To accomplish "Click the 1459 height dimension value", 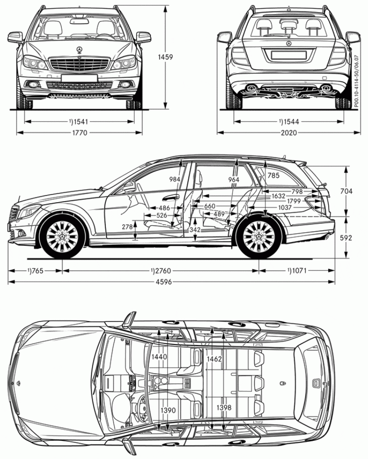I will coord(165,57).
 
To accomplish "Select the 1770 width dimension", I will coord(80,133).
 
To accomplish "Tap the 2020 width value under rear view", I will coord(288,133).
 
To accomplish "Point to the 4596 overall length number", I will coord(172,282).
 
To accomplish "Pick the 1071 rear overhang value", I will coord(298,271).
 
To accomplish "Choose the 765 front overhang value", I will coord(35,271).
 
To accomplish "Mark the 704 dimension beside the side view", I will coord(346,191).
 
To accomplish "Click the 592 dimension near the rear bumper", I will coord(346,238).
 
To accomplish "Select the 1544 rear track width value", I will coord(288,122).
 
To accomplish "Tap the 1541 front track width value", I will coord(80,122).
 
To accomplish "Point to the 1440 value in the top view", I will coord(159,357).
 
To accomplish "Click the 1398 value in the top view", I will coord(223,408).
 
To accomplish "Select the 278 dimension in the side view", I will coord(127,227).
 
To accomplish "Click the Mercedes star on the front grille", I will coord(80,50).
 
